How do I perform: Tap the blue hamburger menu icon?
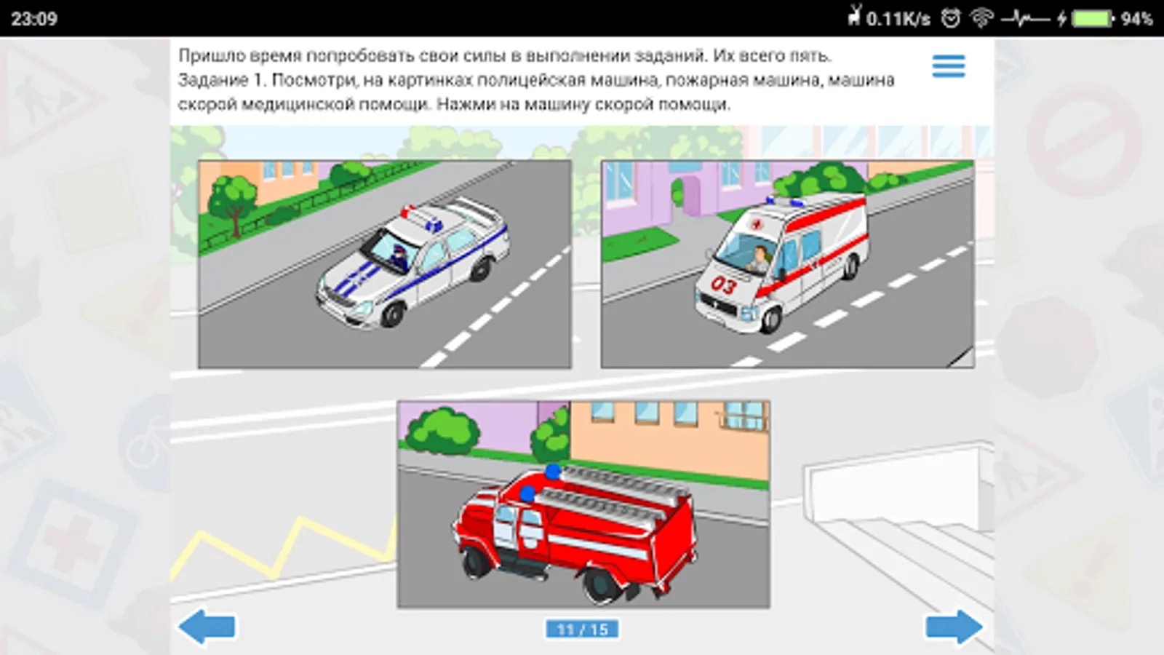point(949,66)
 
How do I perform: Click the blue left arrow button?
point(207,627)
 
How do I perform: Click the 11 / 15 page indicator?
point(582,630)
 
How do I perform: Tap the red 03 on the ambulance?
point(723,285)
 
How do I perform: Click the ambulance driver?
point(760,259)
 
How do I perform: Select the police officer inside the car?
point(401,257)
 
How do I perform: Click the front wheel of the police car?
point(392,314)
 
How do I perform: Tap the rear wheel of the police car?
point(482,269)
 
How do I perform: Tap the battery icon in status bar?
point(1092,19)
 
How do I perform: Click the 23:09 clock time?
point(33,19)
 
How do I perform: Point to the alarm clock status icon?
point(950,19)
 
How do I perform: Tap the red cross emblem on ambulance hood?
point(754,225)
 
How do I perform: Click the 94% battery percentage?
point(1136,19)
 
